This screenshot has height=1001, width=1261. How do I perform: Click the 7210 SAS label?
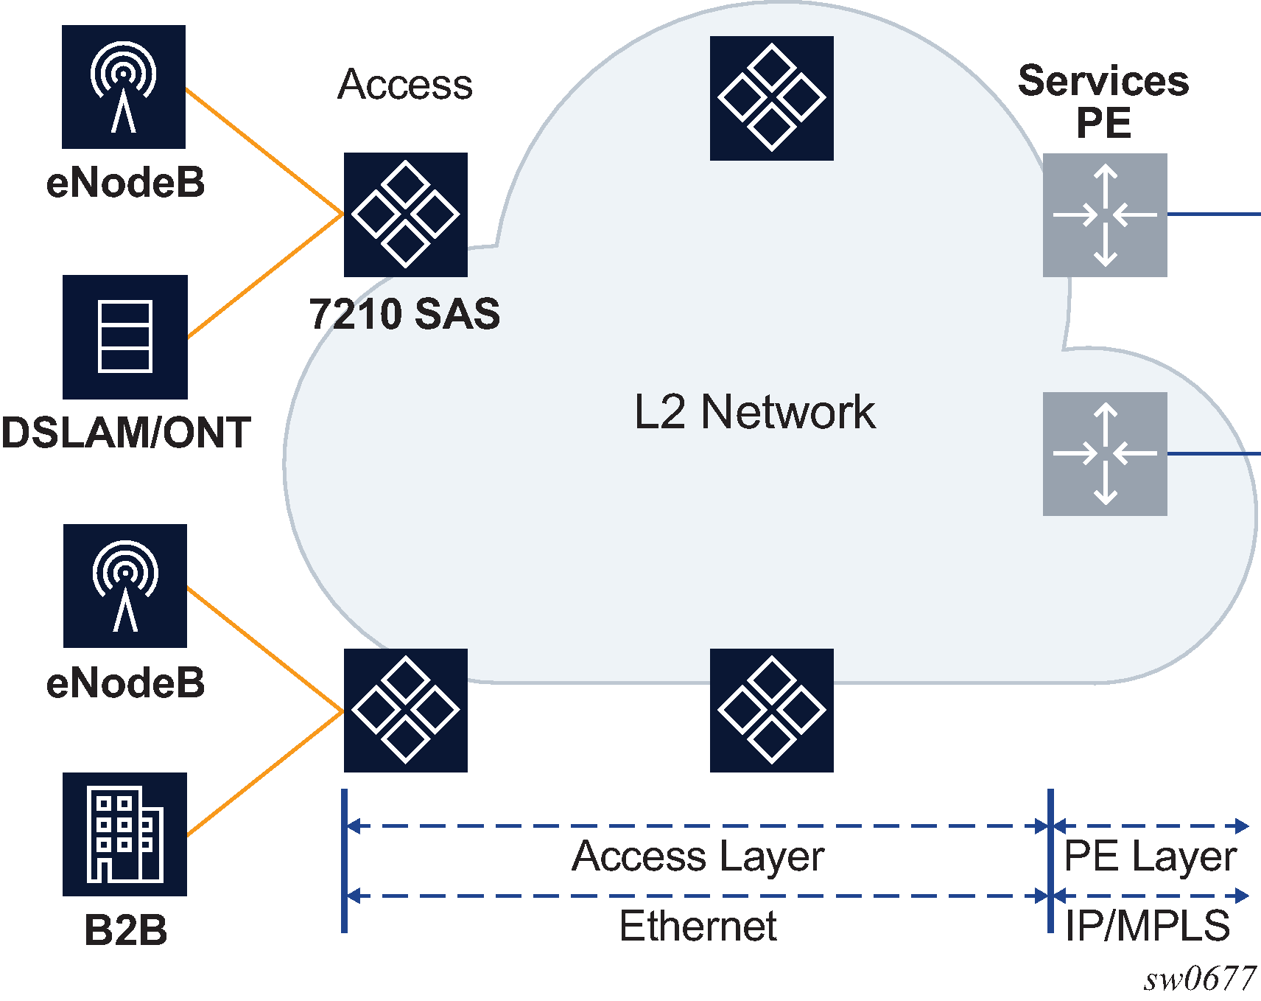(x=404, y=314)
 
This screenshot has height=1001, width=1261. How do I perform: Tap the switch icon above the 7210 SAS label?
(x=405, y=214)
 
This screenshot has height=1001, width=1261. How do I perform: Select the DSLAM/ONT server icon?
(x=125, y=337)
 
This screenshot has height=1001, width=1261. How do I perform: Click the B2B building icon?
(x=125, y=834)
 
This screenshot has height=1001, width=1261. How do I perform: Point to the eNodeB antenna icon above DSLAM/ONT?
(x=124, y=87)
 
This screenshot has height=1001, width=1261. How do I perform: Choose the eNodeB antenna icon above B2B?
(x=125, y=586)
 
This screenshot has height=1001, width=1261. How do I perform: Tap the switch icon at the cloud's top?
(x=771, y=98)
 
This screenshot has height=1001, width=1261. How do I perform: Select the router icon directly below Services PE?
(x=1105, y=215)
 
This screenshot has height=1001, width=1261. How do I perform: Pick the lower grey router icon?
(x=1105, y=454)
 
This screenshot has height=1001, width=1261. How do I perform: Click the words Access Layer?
(x=698, y=857)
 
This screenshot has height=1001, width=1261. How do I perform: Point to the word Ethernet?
(x=698, y=926)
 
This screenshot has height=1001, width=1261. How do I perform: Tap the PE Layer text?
(x=1150, y=857)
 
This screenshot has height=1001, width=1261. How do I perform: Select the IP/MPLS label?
(x=1148, y=926)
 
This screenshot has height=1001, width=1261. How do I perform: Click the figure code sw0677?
(x=1199, y=979)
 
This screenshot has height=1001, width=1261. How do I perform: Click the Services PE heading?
(x=1103, y=101)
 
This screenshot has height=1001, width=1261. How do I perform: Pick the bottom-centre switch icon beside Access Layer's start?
(x=771, y=711)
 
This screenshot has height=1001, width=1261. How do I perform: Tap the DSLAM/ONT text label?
(x=126, y=433)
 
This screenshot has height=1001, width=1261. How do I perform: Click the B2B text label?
(x=126, y=930)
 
